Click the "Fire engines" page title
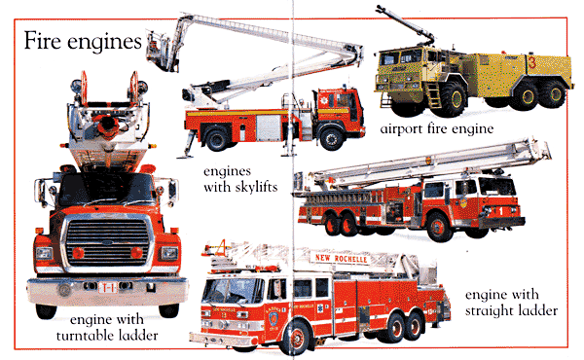(x=83, y=41)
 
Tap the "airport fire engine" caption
(x=437, y=128)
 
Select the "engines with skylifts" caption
(x=240, y=179)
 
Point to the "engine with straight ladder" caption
(x=511, y=303)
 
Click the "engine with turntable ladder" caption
(x=107, y=327)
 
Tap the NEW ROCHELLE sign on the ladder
(x=342, y=258)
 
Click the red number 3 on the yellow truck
(x=531, y=62)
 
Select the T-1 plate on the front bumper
(x=107, y=287)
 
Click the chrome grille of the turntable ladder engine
(x=107, y=241)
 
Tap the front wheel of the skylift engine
(x=331, y=138)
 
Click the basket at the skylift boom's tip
(x=160, y=53)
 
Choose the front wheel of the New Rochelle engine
(x=297, y=337)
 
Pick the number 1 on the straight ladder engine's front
(x=501, y=211)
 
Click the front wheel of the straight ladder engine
(x=440, y=227)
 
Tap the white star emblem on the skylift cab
(x=323, y=100)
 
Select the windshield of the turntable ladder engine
(x=106, y=189)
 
